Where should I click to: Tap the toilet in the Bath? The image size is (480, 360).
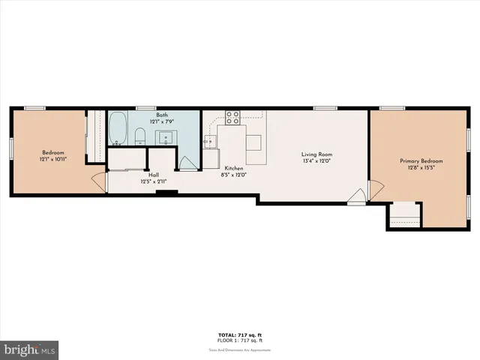[139, 136]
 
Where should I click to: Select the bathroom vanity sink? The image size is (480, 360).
[164, 137]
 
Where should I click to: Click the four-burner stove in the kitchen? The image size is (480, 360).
[232, 117]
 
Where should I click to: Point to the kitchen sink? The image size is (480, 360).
[209, 143]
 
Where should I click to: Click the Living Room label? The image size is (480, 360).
[316, 154]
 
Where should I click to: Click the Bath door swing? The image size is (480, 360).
[187, 164]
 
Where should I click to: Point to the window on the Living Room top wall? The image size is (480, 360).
[324, 108]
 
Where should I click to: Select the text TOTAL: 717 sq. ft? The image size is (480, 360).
[239, 334]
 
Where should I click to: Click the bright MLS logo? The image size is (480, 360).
[30, 349]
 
